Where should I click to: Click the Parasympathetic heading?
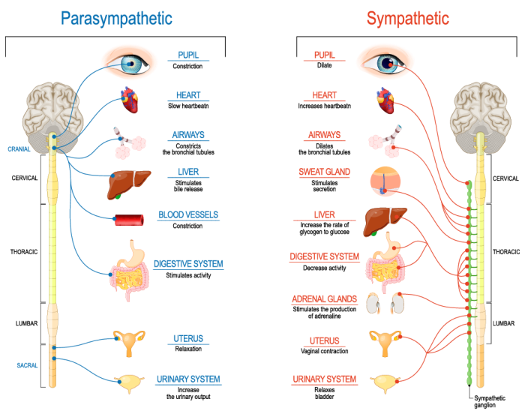tap(115, 18)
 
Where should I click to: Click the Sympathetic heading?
tap(408, 18)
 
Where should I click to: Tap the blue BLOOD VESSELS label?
tap(188, 215)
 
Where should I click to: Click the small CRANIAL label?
tap(19, 148)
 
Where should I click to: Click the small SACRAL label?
tap(27, 364)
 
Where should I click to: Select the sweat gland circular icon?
tap(385, 181)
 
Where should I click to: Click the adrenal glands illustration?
tap(385, 301)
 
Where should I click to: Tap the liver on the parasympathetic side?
tap(129, 183)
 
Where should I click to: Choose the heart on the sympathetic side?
tap(385, 100)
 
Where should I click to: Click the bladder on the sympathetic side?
tap(385, 382)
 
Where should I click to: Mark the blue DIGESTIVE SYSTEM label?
tap(188, 264)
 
